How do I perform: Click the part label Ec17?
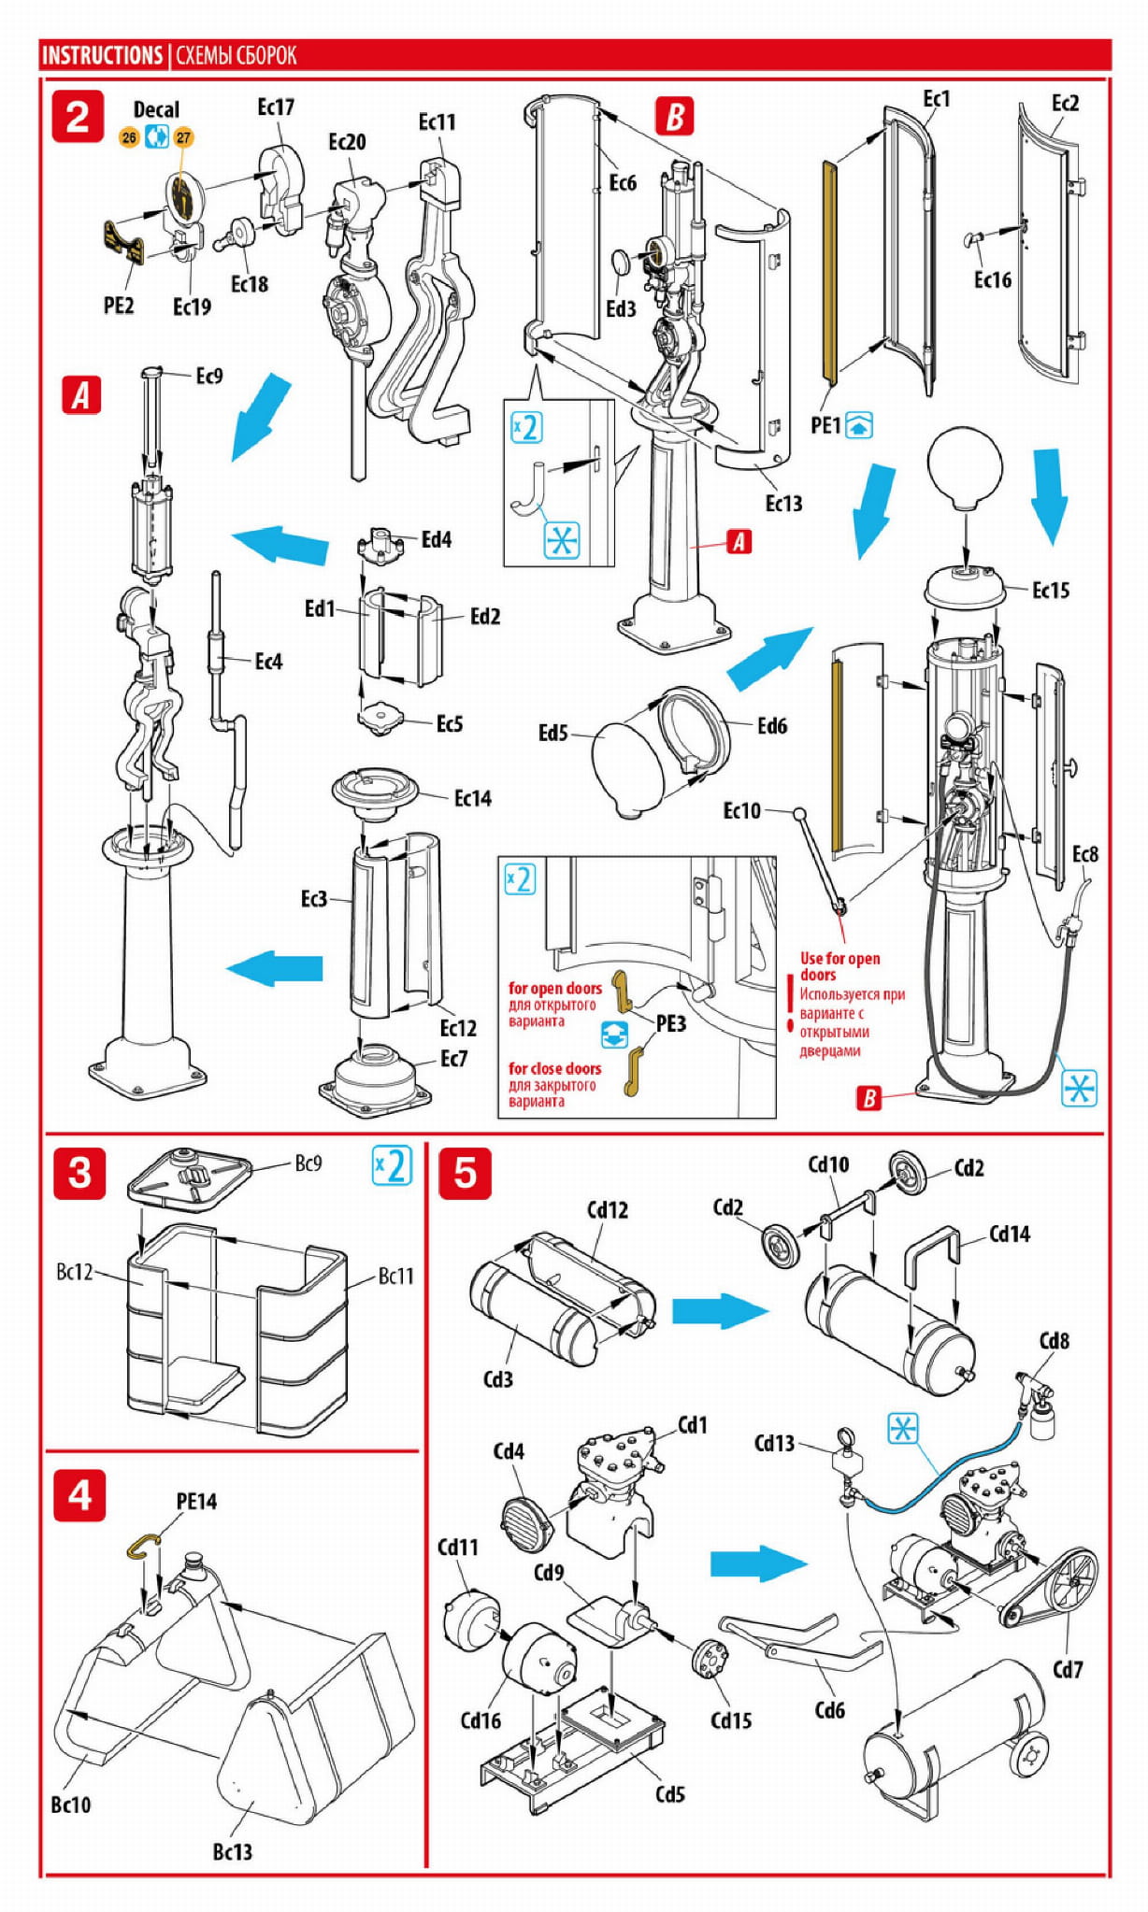tap(276, 107)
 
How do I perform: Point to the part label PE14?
tap(196, 1501)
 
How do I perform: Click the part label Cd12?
tap(608, 1210)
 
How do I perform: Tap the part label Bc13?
tap(232, 1851)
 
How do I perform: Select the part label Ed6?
tap(772, 726)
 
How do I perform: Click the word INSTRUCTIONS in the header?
tap(102, 56)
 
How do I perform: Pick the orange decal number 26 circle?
tap(129, 137)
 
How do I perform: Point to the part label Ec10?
tap(742, 810)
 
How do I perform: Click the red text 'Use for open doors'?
tap(839, 965)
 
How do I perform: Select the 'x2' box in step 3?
tap(392, 1165)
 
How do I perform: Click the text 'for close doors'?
tap(554, 1068)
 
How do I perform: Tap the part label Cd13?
tap(774, 1444)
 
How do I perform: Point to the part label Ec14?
tap(472, 798)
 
